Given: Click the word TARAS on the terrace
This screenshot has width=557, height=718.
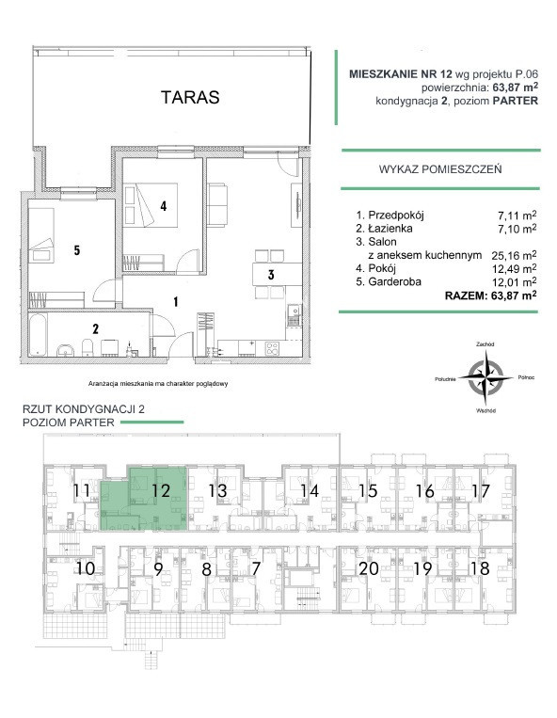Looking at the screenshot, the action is [x=190, y=97].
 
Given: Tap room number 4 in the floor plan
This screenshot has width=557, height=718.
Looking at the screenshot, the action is [x=163, y=206].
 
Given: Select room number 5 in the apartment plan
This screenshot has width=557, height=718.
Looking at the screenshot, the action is [x=77, y=250].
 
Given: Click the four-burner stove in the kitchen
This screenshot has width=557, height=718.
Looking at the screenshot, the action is [x=273, y=349].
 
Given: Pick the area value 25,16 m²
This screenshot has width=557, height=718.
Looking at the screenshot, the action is [x=514, y=255].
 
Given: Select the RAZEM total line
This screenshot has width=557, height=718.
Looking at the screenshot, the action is [x=490, y=295].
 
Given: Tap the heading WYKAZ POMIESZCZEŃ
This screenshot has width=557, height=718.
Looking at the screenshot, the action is [x=440, y=169].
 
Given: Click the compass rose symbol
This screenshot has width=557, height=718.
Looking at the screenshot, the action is [x=485, y=377].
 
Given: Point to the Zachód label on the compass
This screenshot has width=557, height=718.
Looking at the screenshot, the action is [x=485, y=343].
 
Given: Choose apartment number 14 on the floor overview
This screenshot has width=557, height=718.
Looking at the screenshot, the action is [x=310, y=491].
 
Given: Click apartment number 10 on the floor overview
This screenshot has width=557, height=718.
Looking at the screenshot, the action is [x=85, y=568].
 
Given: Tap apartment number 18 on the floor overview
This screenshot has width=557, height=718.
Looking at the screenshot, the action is [x=480, y=568].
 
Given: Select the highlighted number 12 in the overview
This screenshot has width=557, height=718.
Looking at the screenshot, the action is [x=161, y=491].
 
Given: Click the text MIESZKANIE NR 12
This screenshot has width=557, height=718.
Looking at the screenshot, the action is [x=401, y=73].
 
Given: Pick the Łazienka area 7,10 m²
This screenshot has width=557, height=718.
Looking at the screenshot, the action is [x=517, y=228].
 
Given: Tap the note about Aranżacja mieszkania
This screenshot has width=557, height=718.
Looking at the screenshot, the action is [x=158, y=384].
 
